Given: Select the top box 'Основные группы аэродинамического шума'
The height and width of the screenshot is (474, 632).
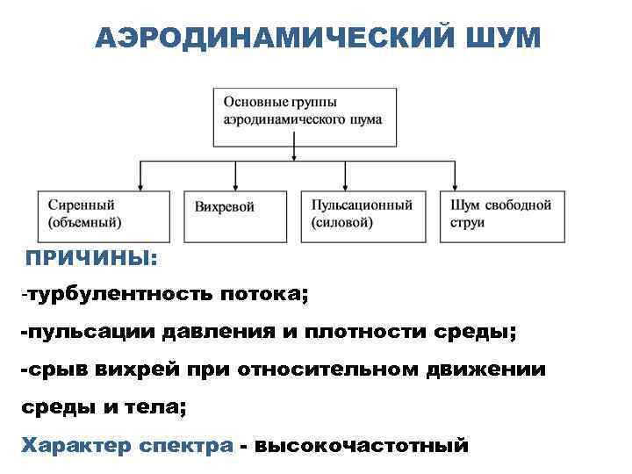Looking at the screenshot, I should (x=303, y=115).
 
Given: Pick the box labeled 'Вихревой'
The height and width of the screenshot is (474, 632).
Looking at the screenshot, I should (x=235, y=215).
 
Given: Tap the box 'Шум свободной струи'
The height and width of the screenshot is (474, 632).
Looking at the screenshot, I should (x=501, y=215).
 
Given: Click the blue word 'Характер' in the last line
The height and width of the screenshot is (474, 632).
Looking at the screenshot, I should (x=78, y=445).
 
